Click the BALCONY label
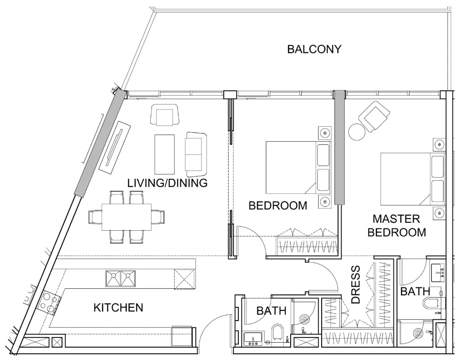pos(314,49)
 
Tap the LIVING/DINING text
pos(167,183)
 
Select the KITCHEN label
pos(118,308)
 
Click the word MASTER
pos(396,219)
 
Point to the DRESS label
pos(355,285)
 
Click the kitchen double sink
pos(121,279)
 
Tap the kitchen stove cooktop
pos(50,302)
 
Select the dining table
pos(126,217)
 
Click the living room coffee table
pos(164,154)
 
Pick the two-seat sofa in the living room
pos(196,154)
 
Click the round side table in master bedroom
pos(357,132)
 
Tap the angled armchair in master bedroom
pos(374,116)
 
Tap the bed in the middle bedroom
pos(299,168)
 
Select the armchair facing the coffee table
pos(164,115)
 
